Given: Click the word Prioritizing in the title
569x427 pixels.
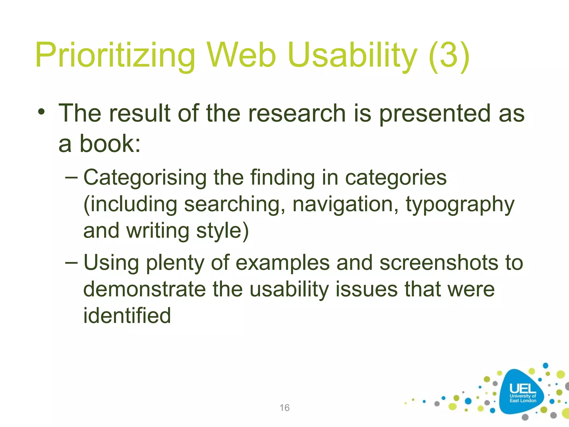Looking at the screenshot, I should click(115, 55).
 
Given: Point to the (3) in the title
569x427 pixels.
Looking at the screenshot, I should click(449, 55).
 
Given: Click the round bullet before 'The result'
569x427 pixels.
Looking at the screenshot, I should click(42, 112).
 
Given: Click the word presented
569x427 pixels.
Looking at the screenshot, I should click(435, 113).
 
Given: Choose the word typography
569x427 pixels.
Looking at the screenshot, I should click(460, 205).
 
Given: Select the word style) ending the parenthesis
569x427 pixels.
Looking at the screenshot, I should click(222, 231).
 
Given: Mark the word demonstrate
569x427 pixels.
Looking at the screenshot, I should click(144, 289).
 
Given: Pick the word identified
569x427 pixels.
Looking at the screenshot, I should click(127, 316).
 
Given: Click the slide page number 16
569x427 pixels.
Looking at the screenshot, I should click(284, 408).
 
